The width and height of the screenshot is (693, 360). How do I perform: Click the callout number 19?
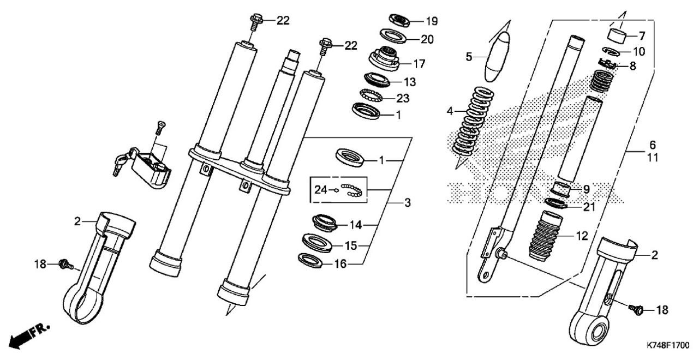(432, 21)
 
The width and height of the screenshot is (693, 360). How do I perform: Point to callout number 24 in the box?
(321, 190)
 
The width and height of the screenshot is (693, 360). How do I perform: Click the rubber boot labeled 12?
(546, 236)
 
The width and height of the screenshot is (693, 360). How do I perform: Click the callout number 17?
(420, 64)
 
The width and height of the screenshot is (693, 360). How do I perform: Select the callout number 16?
(340, 264)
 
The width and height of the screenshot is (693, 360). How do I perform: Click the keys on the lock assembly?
(123, 161)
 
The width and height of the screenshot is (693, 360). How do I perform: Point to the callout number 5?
(469, 57)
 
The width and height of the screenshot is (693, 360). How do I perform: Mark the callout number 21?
(589, 207)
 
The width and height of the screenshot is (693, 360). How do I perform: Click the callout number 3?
(408, 203)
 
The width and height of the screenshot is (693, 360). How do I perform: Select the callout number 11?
(653, 158)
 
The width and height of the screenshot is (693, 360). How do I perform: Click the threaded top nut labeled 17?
(384, 58)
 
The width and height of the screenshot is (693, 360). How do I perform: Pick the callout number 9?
(586, 189)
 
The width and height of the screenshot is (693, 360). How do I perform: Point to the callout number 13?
(410, 82)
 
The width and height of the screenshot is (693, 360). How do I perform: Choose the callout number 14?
(356, 225)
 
